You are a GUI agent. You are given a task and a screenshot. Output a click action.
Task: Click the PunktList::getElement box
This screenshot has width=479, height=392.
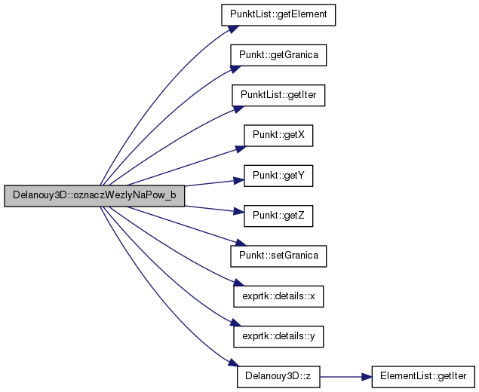[x=278, y=15]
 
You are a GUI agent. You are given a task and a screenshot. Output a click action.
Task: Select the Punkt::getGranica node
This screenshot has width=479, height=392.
[x=278, y=55]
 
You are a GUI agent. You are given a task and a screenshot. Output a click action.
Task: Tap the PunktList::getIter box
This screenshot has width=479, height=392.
[x=278, y=95]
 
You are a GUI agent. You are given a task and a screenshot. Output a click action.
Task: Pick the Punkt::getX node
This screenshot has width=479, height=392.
[x=278, y=136]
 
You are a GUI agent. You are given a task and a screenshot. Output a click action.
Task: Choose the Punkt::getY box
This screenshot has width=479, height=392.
[x=278, y=176]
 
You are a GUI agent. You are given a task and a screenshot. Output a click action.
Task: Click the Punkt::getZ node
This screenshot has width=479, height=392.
[x=278, y=216]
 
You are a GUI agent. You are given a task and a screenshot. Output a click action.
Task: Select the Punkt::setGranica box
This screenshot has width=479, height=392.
[x=278, y=256]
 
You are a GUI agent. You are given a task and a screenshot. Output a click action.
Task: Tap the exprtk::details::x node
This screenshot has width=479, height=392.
[x=278, y=296]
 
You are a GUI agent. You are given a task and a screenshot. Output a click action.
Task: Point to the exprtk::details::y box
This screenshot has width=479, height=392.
[x=278, y=336]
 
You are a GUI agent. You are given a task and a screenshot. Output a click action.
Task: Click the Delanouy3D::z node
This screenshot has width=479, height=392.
[x=278, y=377]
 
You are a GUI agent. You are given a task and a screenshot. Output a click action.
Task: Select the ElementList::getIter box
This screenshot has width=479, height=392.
[x=423, y=377]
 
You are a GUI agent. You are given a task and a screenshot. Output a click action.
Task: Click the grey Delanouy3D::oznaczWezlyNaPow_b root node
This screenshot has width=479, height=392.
[x=94, y=195]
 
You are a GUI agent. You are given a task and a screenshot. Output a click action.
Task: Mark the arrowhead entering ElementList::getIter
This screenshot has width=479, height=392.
[x=367, y=377]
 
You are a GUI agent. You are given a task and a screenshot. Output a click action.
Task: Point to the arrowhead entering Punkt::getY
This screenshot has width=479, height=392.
[x=239, y=180]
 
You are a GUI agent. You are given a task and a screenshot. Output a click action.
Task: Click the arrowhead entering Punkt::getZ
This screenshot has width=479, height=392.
[x=239, y=211]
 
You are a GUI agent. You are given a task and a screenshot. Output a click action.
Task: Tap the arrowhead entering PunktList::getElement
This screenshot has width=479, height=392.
[x=234, y=29]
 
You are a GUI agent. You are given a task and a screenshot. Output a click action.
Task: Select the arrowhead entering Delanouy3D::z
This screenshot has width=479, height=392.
[x=234, y=363]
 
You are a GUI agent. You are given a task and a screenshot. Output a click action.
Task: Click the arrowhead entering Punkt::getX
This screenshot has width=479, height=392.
[x=241, y=149]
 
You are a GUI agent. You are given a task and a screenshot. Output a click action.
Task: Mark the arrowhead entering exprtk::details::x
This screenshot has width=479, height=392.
[x=239, y=282]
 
